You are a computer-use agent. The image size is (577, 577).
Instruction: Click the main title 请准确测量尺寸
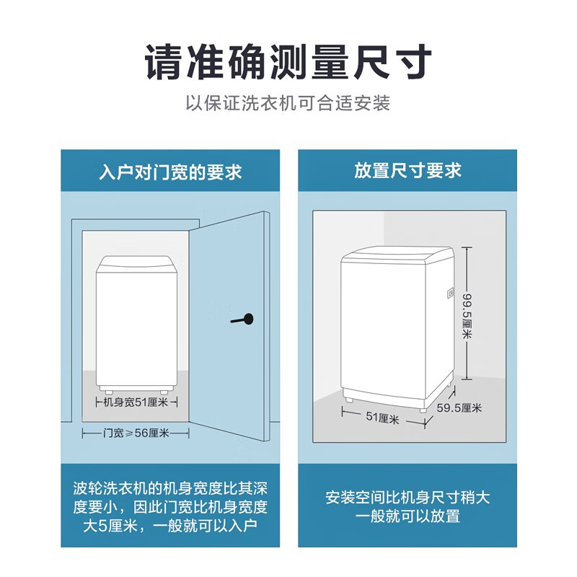(x=288, y=62)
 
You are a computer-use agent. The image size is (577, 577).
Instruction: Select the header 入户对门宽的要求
(x=170, y=172)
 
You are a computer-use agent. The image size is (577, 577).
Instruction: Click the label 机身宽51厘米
(x=137, y=402)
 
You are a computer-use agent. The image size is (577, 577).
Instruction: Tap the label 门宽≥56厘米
(x=136, y=433)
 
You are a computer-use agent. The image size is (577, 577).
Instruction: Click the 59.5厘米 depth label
(x=459, y=408)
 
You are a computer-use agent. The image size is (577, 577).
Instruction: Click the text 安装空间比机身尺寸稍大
(x=408, y=498)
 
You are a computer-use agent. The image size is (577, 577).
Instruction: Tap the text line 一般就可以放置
(x=408, y=516)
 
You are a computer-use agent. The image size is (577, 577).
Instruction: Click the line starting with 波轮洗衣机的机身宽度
(x=170, y=488)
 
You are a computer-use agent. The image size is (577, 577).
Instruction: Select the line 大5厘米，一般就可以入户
(x=170, y=525)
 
